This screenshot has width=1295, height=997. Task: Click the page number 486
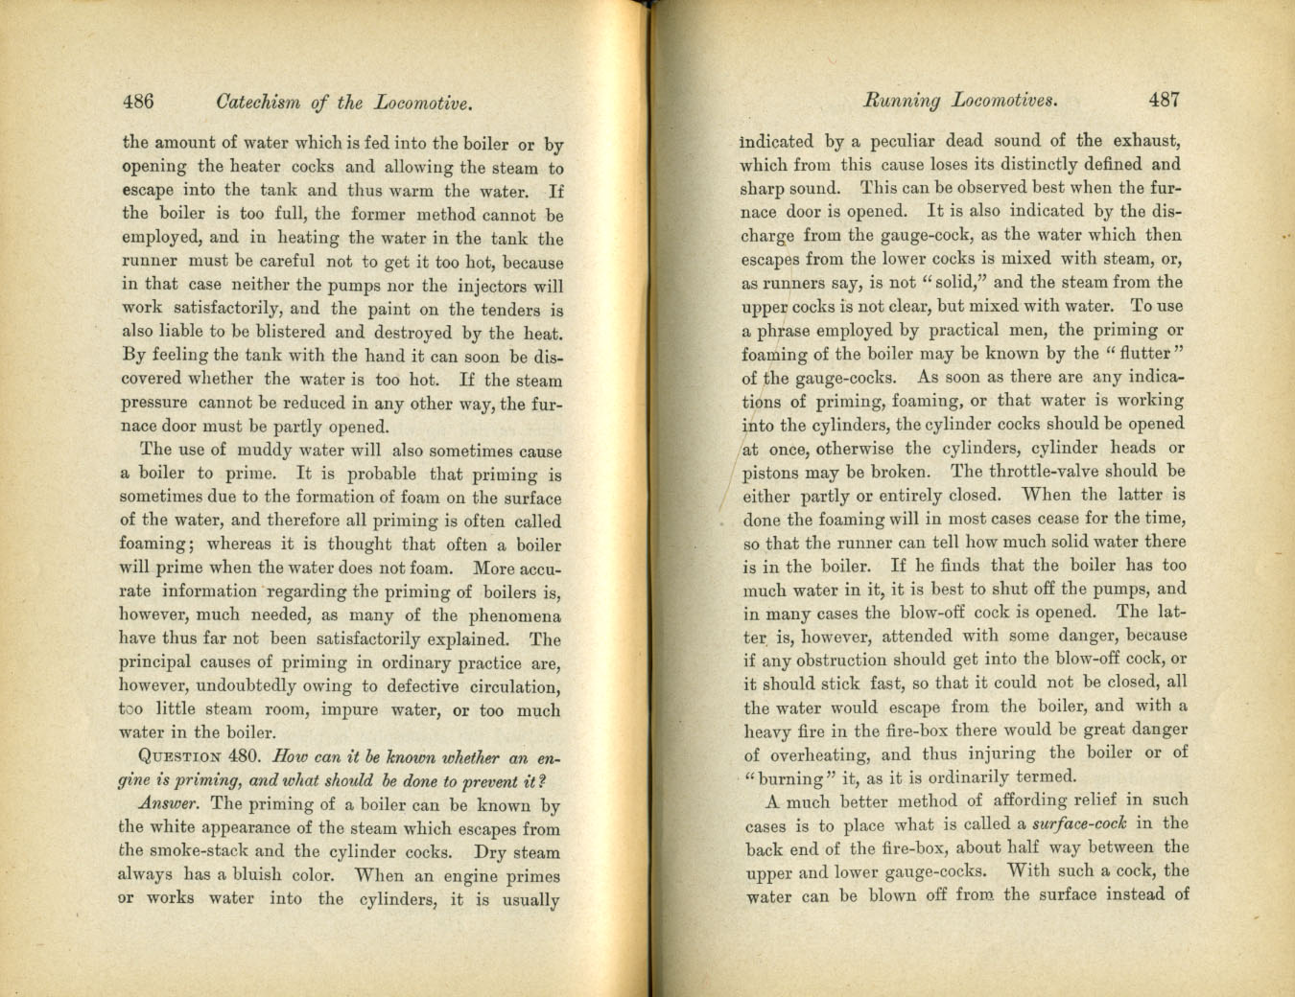[x=138, y=102]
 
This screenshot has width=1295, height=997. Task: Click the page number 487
[x=1164, y=99]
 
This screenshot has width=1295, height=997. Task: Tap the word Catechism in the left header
[x=258, y=103]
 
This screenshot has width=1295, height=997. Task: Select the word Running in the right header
[x=902, y=100]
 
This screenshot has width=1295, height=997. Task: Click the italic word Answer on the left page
[x=169, y=803]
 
